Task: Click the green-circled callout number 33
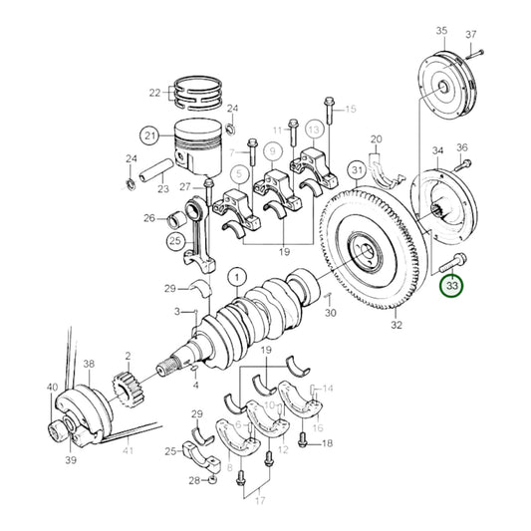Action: click(452, 286)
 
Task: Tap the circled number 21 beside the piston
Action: click(149, 135)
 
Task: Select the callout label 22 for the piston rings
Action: click(154, 93)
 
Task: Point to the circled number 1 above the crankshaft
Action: click(237, 275)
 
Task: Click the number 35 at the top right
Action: click(441, 33)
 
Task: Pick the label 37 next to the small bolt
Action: click(498, 34)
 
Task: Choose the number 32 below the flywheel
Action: click(396, 325)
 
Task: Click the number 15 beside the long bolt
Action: click(350, 110)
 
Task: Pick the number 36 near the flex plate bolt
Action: click(461, 148)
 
